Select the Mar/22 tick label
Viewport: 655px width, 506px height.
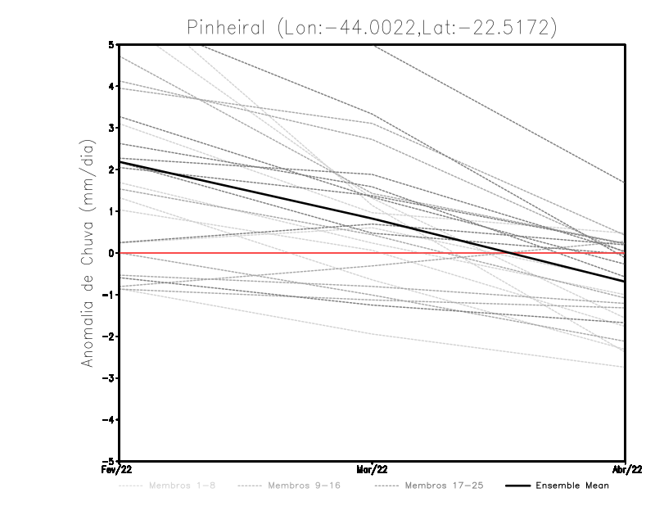372,470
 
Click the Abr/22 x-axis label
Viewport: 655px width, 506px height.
626,470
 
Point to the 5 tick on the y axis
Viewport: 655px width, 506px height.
111,44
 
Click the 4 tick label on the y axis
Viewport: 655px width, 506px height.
111,86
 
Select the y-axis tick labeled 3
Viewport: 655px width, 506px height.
111,128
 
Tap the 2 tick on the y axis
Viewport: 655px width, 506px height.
111,169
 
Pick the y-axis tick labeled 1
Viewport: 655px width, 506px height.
111,211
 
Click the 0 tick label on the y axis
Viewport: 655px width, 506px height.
111,253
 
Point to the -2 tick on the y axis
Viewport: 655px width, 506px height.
108,336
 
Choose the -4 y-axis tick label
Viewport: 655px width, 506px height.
108,419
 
